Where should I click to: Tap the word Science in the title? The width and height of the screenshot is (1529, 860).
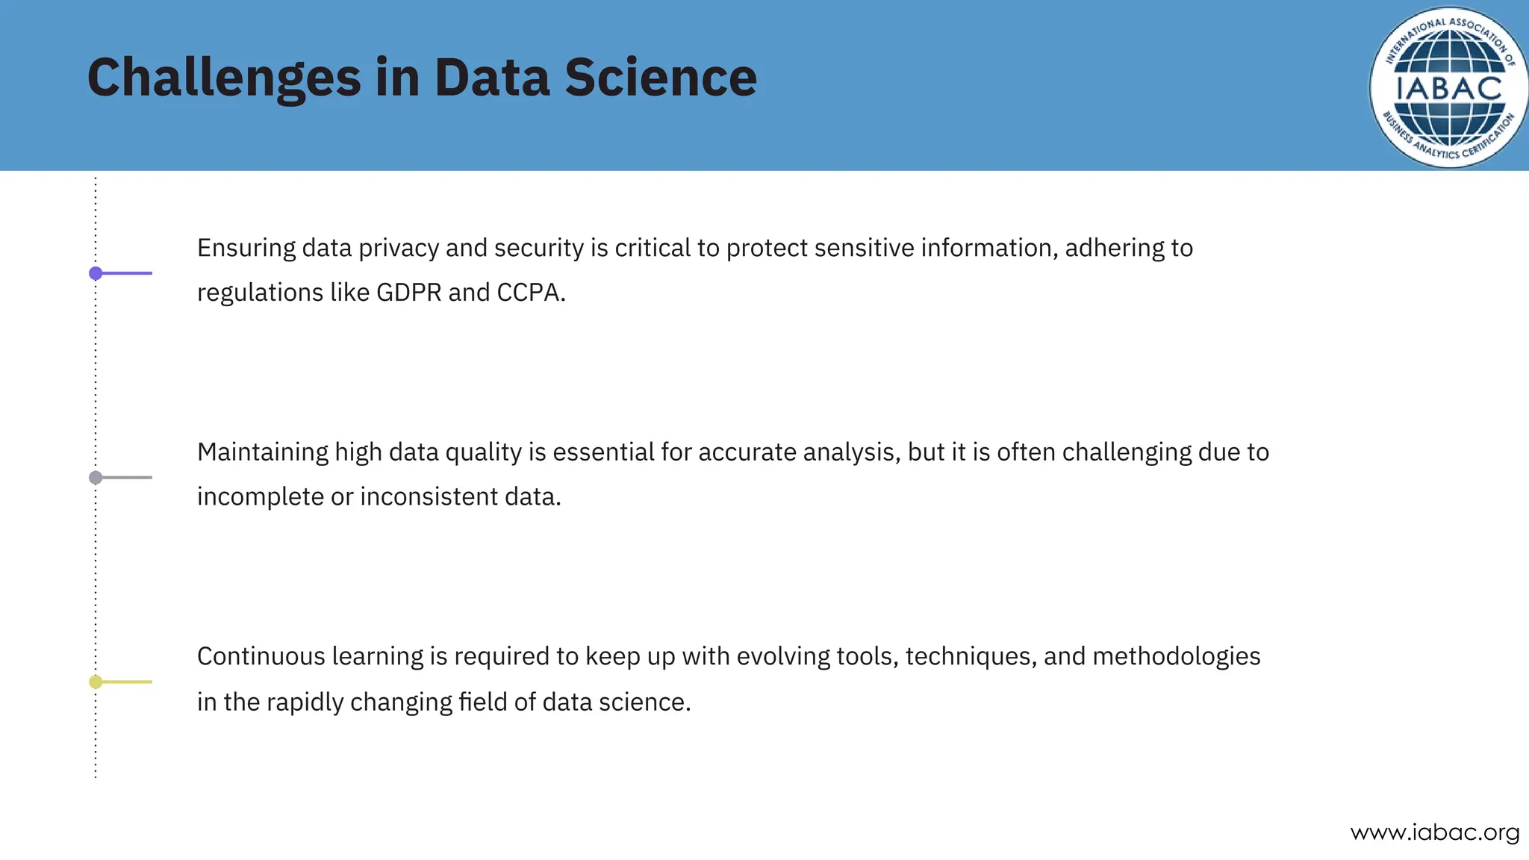[x=660, y=78]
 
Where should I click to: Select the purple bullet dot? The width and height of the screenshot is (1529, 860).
[x=96, y=273]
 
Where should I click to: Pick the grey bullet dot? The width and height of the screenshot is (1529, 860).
[x=96, y=478]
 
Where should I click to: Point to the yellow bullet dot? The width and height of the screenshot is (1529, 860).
[x=96, y=682]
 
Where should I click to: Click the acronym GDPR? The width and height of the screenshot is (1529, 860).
[x=408, y=293]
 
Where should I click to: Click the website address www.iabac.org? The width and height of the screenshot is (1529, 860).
[x=1435, y=832]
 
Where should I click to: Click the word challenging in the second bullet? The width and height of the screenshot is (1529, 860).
[x=1126, y=452]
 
